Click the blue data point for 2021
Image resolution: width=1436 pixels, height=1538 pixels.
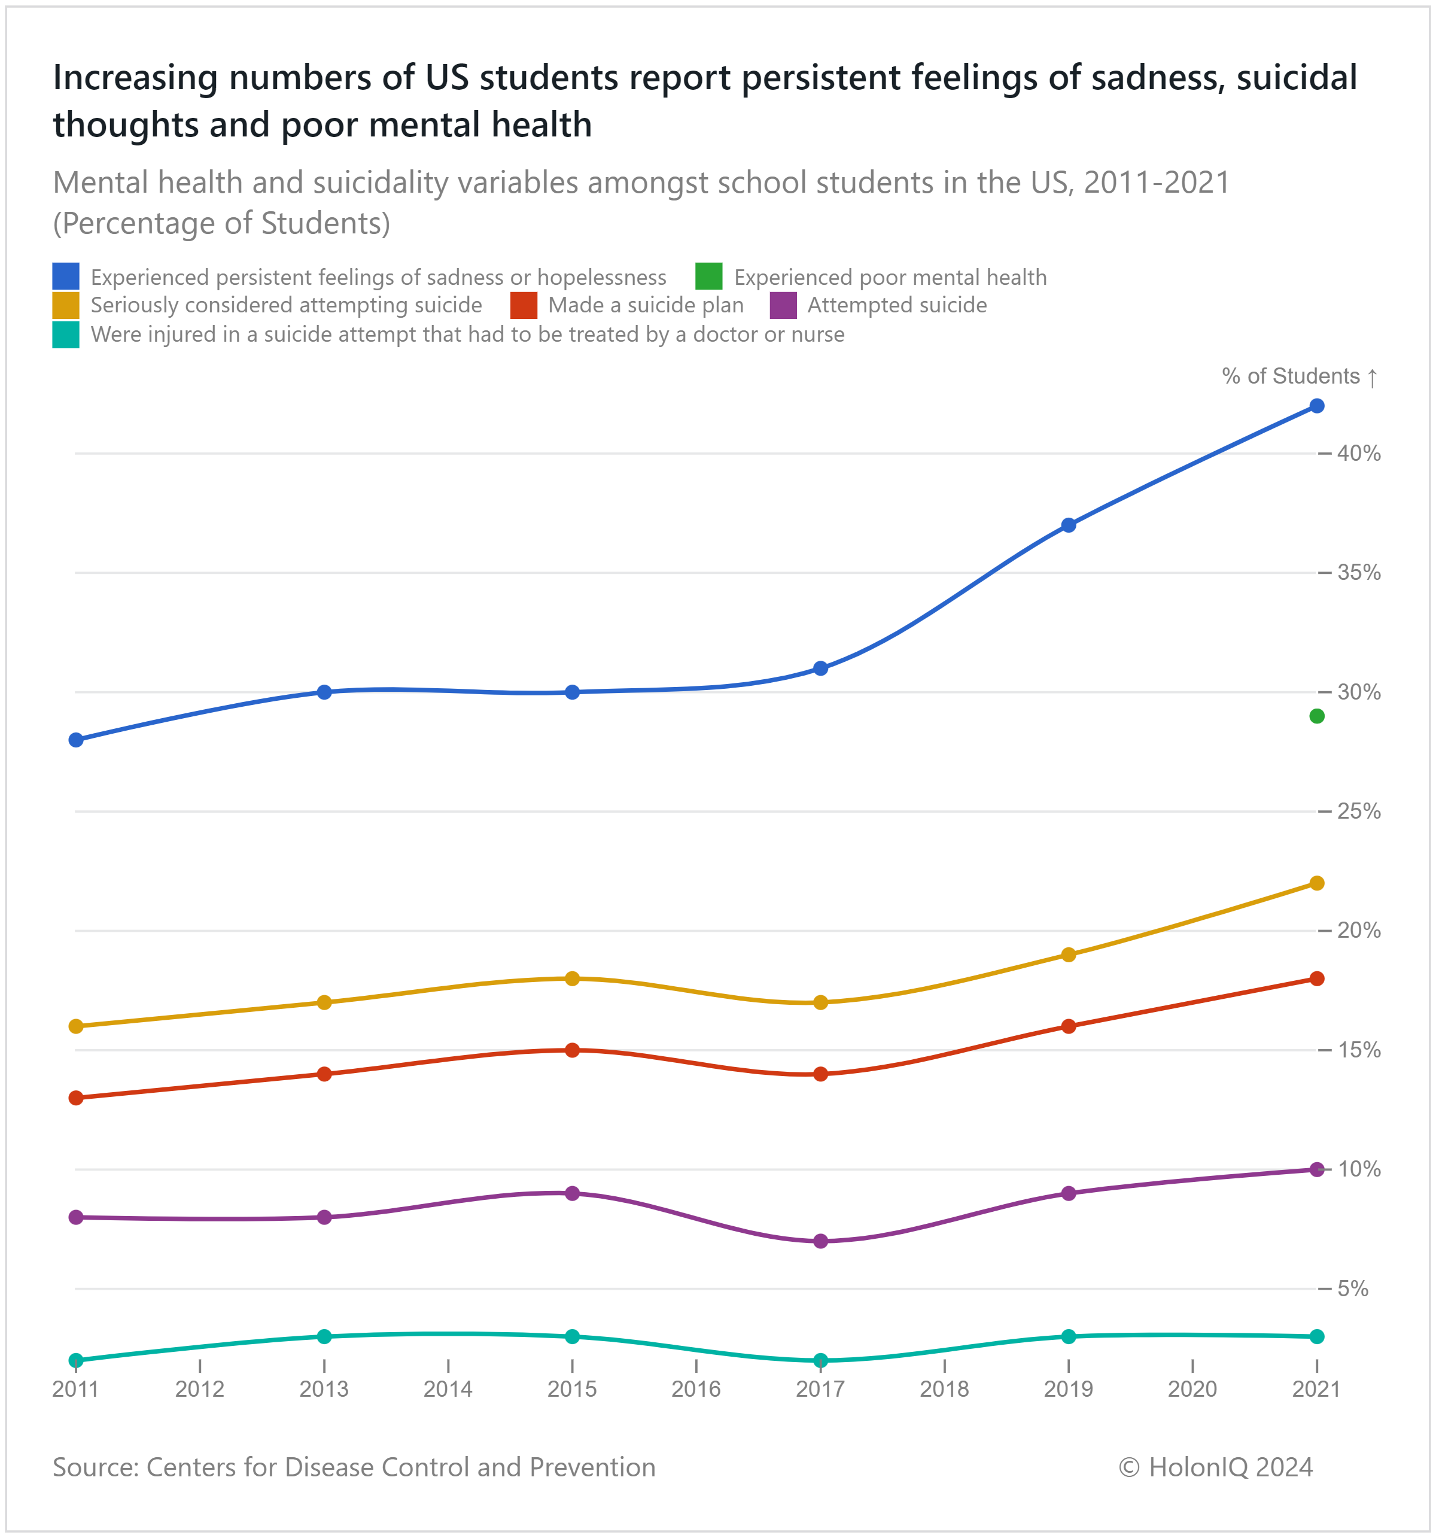click(x=1317, y=406)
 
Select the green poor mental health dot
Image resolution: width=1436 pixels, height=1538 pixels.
click(x=1317, y=716)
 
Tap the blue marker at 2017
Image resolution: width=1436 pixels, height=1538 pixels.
click(x=821, y=668)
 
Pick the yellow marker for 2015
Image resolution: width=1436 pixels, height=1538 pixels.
click(x=573, y=978)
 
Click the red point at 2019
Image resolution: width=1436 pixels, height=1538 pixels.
click(x=1069, y=1026)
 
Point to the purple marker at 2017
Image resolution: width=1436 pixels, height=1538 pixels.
click(x=821, y=1241)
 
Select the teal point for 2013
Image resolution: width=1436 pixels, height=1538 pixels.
click(x=324, y=1336)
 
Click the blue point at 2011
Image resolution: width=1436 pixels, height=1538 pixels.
click(x=76, y=740)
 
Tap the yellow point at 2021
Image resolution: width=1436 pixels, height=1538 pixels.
click(x=1317, y=883)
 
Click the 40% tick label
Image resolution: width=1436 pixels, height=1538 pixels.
click(x=1359, y=454)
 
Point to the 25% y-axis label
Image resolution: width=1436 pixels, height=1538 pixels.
click(x=1359, y=811)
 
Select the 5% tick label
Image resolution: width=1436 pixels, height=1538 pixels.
click(x=1352, y=1289)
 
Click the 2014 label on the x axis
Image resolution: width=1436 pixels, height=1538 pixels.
click(x=448, y=1390)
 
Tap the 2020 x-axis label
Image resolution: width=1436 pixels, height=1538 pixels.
click(x=1192, y=1390)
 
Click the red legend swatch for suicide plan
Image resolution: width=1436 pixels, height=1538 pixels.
click(x=524, y=306)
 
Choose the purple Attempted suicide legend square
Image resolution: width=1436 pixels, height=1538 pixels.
click(x=783, y=306)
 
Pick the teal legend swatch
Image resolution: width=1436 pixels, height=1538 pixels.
click(x=66, y=335)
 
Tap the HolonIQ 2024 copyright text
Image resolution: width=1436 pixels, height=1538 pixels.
click(x=1215, y=1467)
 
